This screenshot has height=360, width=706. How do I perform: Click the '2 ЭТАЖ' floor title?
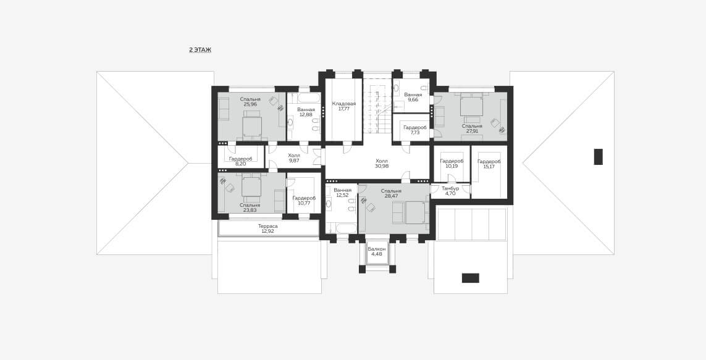(200, 50)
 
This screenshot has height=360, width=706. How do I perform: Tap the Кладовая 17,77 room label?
(344, 106)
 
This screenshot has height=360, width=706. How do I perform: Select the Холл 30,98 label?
(382, 164)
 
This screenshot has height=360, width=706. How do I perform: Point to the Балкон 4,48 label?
(376, 251)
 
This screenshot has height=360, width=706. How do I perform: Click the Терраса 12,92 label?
(268, 228)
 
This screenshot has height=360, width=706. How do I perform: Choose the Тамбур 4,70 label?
(450, 191)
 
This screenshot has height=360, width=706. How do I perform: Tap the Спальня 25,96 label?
(250, 102)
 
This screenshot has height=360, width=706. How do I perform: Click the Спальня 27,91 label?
(472, 128)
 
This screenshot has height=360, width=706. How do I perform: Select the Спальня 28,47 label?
(391, 193)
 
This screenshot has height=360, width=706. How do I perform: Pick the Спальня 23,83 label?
(250, 207)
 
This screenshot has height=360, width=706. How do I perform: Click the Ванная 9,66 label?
(413, 97)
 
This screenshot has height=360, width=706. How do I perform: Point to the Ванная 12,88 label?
(306, 112)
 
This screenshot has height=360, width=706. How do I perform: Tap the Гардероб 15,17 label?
(489, 164)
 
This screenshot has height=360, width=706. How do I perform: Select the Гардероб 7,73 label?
(414, 130)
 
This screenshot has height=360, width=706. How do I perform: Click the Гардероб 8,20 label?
(240, 161)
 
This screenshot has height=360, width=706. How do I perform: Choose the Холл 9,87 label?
(294, 157)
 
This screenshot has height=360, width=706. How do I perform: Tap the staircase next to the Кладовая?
(377, 106)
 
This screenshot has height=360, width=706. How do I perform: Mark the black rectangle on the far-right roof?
(598, 157)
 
